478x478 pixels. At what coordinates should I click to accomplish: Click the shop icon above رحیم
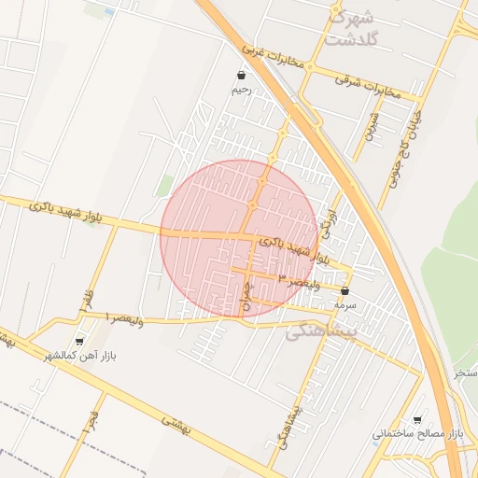242,75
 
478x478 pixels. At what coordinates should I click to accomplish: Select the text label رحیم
242,91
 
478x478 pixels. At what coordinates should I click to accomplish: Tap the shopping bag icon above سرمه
344,290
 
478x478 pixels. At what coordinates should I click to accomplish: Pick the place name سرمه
344,305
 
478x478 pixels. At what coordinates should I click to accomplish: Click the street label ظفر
90,298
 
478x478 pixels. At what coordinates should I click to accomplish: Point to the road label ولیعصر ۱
121,318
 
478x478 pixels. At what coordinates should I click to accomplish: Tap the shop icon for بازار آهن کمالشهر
78,341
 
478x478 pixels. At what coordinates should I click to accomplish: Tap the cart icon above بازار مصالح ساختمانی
416,419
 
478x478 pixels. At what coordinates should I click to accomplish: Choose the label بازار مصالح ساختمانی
417,435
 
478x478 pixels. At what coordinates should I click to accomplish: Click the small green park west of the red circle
165,185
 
